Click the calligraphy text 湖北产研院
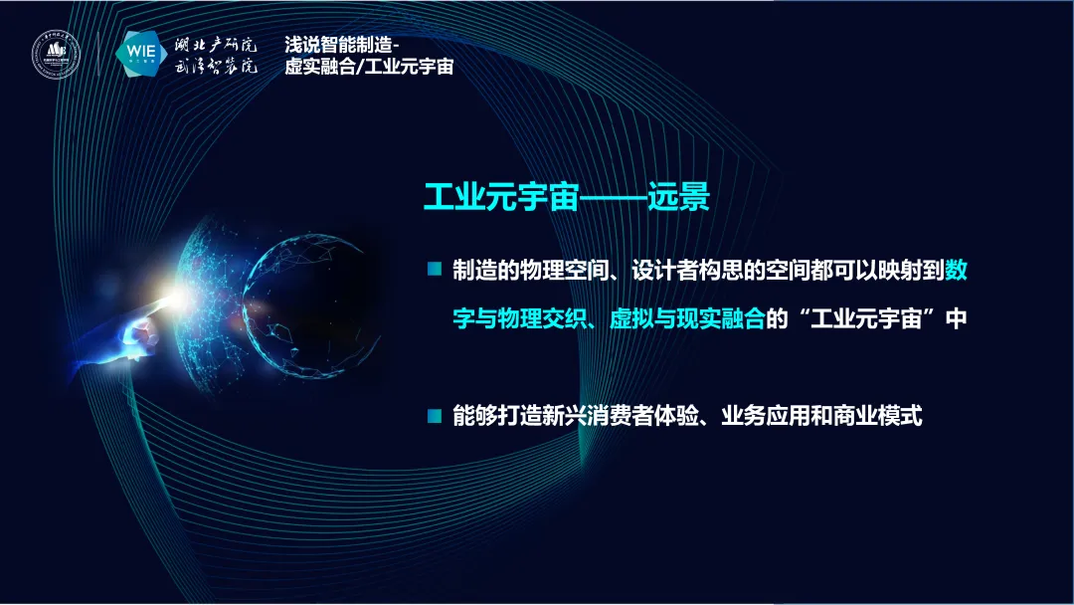point(216,44)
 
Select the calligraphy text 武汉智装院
point(216,68)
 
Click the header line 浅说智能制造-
point(341,45)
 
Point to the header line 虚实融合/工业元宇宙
point(369,68)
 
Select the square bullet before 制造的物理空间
point(434,269)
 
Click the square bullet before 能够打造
point(434,416)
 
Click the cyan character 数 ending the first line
point(955,270)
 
